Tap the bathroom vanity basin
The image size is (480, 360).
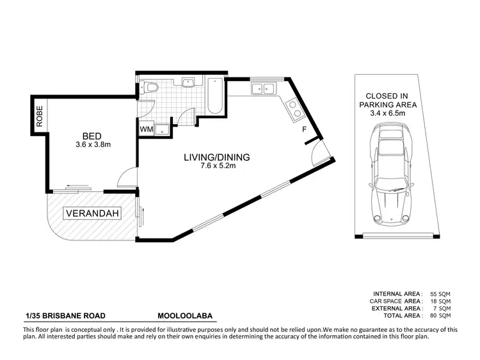pyautogui.click(x=188, y=83)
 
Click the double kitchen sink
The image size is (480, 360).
pyautogui.click(x=263, y=89)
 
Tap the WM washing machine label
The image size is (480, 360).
pyautogui.click(x=147, y=129)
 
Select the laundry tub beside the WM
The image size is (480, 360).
pyautogui.click(x=164, y=128)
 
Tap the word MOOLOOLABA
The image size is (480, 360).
pyautogui.click(x=186, y=315)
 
